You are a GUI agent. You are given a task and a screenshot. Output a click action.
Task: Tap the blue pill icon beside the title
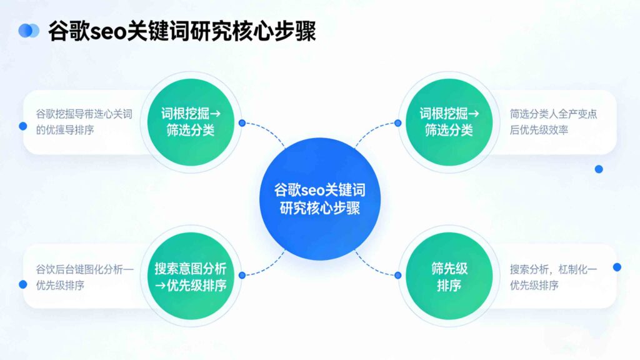point(29,31)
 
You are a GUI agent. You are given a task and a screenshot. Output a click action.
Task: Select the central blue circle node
point(319,199)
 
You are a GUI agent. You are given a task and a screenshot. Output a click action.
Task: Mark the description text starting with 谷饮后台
point(84,277)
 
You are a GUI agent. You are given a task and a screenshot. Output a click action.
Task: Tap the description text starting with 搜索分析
point(553,277)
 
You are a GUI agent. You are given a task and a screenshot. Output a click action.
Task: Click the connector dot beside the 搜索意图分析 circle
point(242,275)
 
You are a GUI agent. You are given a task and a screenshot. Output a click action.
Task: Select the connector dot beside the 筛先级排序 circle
point(397,275)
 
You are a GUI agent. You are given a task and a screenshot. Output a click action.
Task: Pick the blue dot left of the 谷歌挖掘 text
point(23,126)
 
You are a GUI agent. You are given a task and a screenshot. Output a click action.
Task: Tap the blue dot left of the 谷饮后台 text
point(23,284)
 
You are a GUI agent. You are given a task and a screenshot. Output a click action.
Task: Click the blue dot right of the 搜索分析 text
point(617,267)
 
